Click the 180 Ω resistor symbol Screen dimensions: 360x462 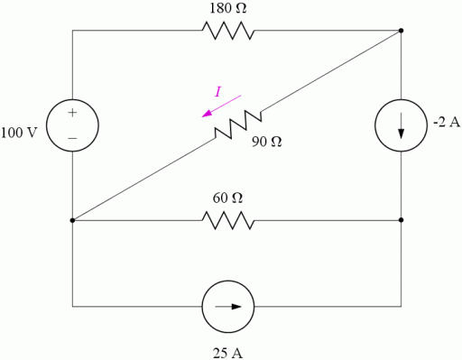click(x=229, y=32)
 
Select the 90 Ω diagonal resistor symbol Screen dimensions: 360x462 click(x=237, y=125)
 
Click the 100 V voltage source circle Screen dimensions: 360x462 click(x=72, y=125)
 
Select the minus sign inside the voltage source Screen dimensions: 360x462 click(x=72, y=139)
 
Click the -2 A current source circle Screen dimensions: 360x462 click(x=401, y=125)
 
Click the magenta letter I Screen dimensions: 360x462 click(x=217, y=91)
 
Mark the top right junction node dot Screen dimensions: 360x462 click(x=401, y=32)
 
